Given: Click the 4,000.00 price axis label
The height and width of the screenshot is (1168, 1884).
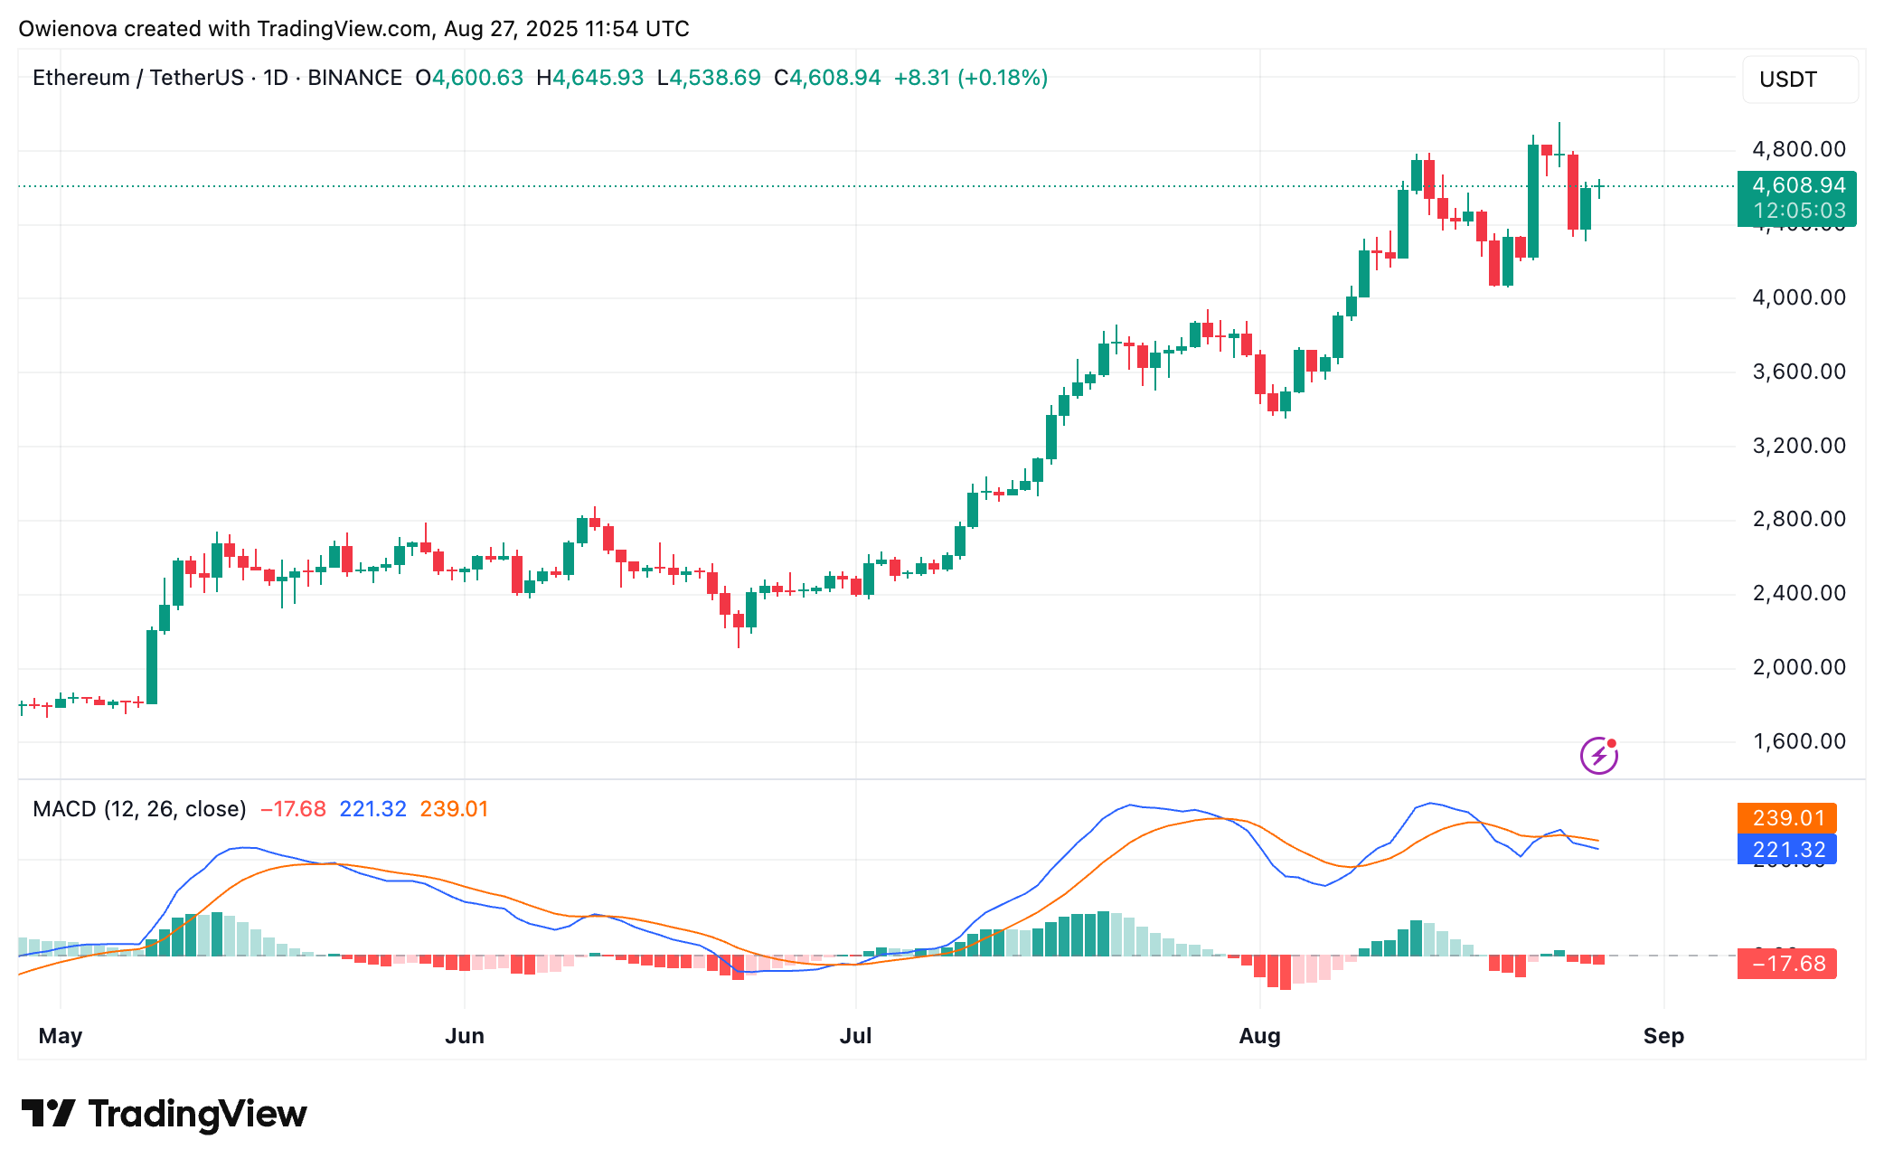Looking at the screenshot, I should click(1798, 297).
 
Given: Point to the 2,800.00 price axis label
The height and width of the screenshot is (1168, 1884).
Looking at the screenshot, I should click(1798, 519).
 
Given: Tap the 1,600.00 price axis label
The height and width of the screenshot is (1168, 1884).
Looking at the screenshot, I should click(1798, 741).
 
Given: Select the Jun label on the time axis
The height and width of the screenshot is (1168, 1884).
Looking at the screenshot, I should click(465, 1036).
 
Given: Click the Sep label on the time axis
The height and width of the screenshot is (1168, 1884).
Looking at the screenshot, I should click(1663, 1036).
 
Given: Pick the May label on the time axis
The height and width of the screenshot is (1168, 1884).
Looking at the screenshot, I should click(61, 1036).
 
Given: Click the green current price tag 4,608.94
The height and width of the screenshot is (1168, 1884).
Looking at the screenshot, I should click(1796, 186).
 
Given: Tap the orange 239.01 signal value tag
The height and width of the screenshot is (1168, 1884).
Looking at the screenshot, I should click(1786, 818).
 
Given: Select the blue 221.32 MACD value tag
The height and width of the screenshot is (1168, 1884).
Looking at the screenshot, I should click(1786, 850).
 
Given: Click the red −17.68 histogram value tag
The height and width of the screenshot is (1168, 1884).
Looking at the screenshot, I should click(1786, 964).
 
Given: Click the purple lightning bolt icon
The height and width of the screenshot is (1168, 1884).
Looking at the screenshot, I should click(1598, 755).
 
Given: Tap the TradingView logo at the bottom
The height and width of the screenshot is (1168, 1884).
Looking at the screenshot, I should click(165, 1114).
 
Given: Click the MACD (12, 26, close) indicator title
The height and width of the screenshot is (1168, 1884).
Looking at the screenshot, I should click(139, 809).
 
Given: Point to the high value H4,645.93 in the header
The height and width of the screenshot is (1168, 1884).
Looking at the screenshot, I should click(590, 78).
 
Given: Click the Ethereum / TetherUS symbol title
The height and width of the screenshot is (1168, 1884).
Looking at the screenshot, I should click(138, 78).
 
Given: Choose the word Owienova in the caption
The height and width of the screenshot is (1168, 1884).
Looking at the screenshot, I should click(68, 29).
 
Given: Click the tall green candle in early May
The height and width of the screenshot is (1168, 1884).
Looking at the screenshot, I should click(152, 667).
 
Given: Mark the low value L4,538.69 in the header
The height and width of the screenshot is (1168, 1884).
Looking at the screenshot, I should click(710, 78).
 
